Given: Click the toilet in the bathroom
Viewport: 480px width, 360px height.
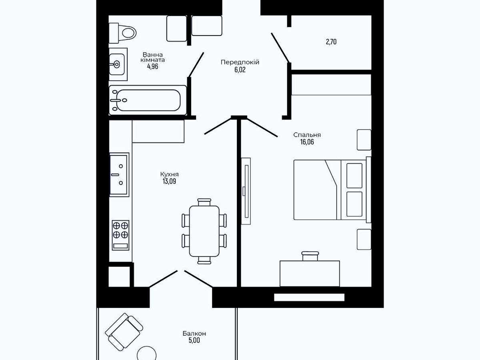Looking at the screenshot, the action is click(122, 33).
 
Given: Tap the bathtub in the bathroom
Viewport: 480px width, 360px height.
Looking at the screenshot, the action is click(148, 100).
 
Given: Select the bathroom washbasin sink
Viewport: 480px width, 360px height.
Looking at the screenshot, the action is click(118, 64).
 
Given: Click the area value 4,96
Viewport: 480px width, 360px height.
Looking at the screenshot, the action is click(153, 66).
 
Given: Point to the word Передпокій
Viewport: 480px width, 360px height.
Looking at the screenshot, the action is click(240, 62).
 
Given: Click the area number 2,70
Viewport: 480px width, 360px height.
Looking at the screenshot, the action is click(331, 42).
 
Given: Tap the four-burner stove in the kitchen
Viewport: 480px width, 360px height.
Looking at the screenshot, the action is click(120, 235).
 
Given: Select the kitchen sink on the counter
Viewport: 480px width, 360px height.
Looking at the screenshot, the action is click(119, 175).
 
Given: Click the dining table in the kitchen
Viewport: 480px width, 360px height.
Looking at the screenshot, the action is click(204, 231).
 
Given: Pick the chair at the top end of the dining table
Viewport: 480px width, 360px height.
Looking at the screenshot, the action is click(204, 202).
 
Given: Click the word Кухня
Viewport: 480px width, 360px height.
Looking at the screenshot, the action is click(169, 174).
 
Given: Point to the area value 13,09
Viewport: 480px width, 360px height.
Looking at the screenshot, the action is click(169, 181).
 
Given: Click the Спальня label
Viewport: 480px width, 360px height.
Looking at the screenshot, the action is click(307, 135).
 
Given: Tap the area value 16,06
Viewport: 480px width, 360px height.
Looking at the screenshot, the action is click(307, 142).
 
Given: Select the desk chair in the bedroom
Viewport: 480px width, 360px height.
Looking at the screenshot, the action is click(310, 256).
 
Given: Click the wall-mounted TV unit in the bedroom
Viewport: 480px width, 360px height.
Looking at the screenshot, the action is click(246, 191).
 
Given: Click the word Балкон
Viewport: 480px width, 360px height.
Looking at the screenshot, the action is click(194, 334).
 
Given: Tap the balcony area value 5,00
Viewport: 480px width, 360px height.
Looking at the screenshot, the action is click(194, 340).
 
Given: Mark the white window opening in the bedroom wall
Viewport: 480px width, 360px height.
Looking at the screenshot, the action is click(309, 297).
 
